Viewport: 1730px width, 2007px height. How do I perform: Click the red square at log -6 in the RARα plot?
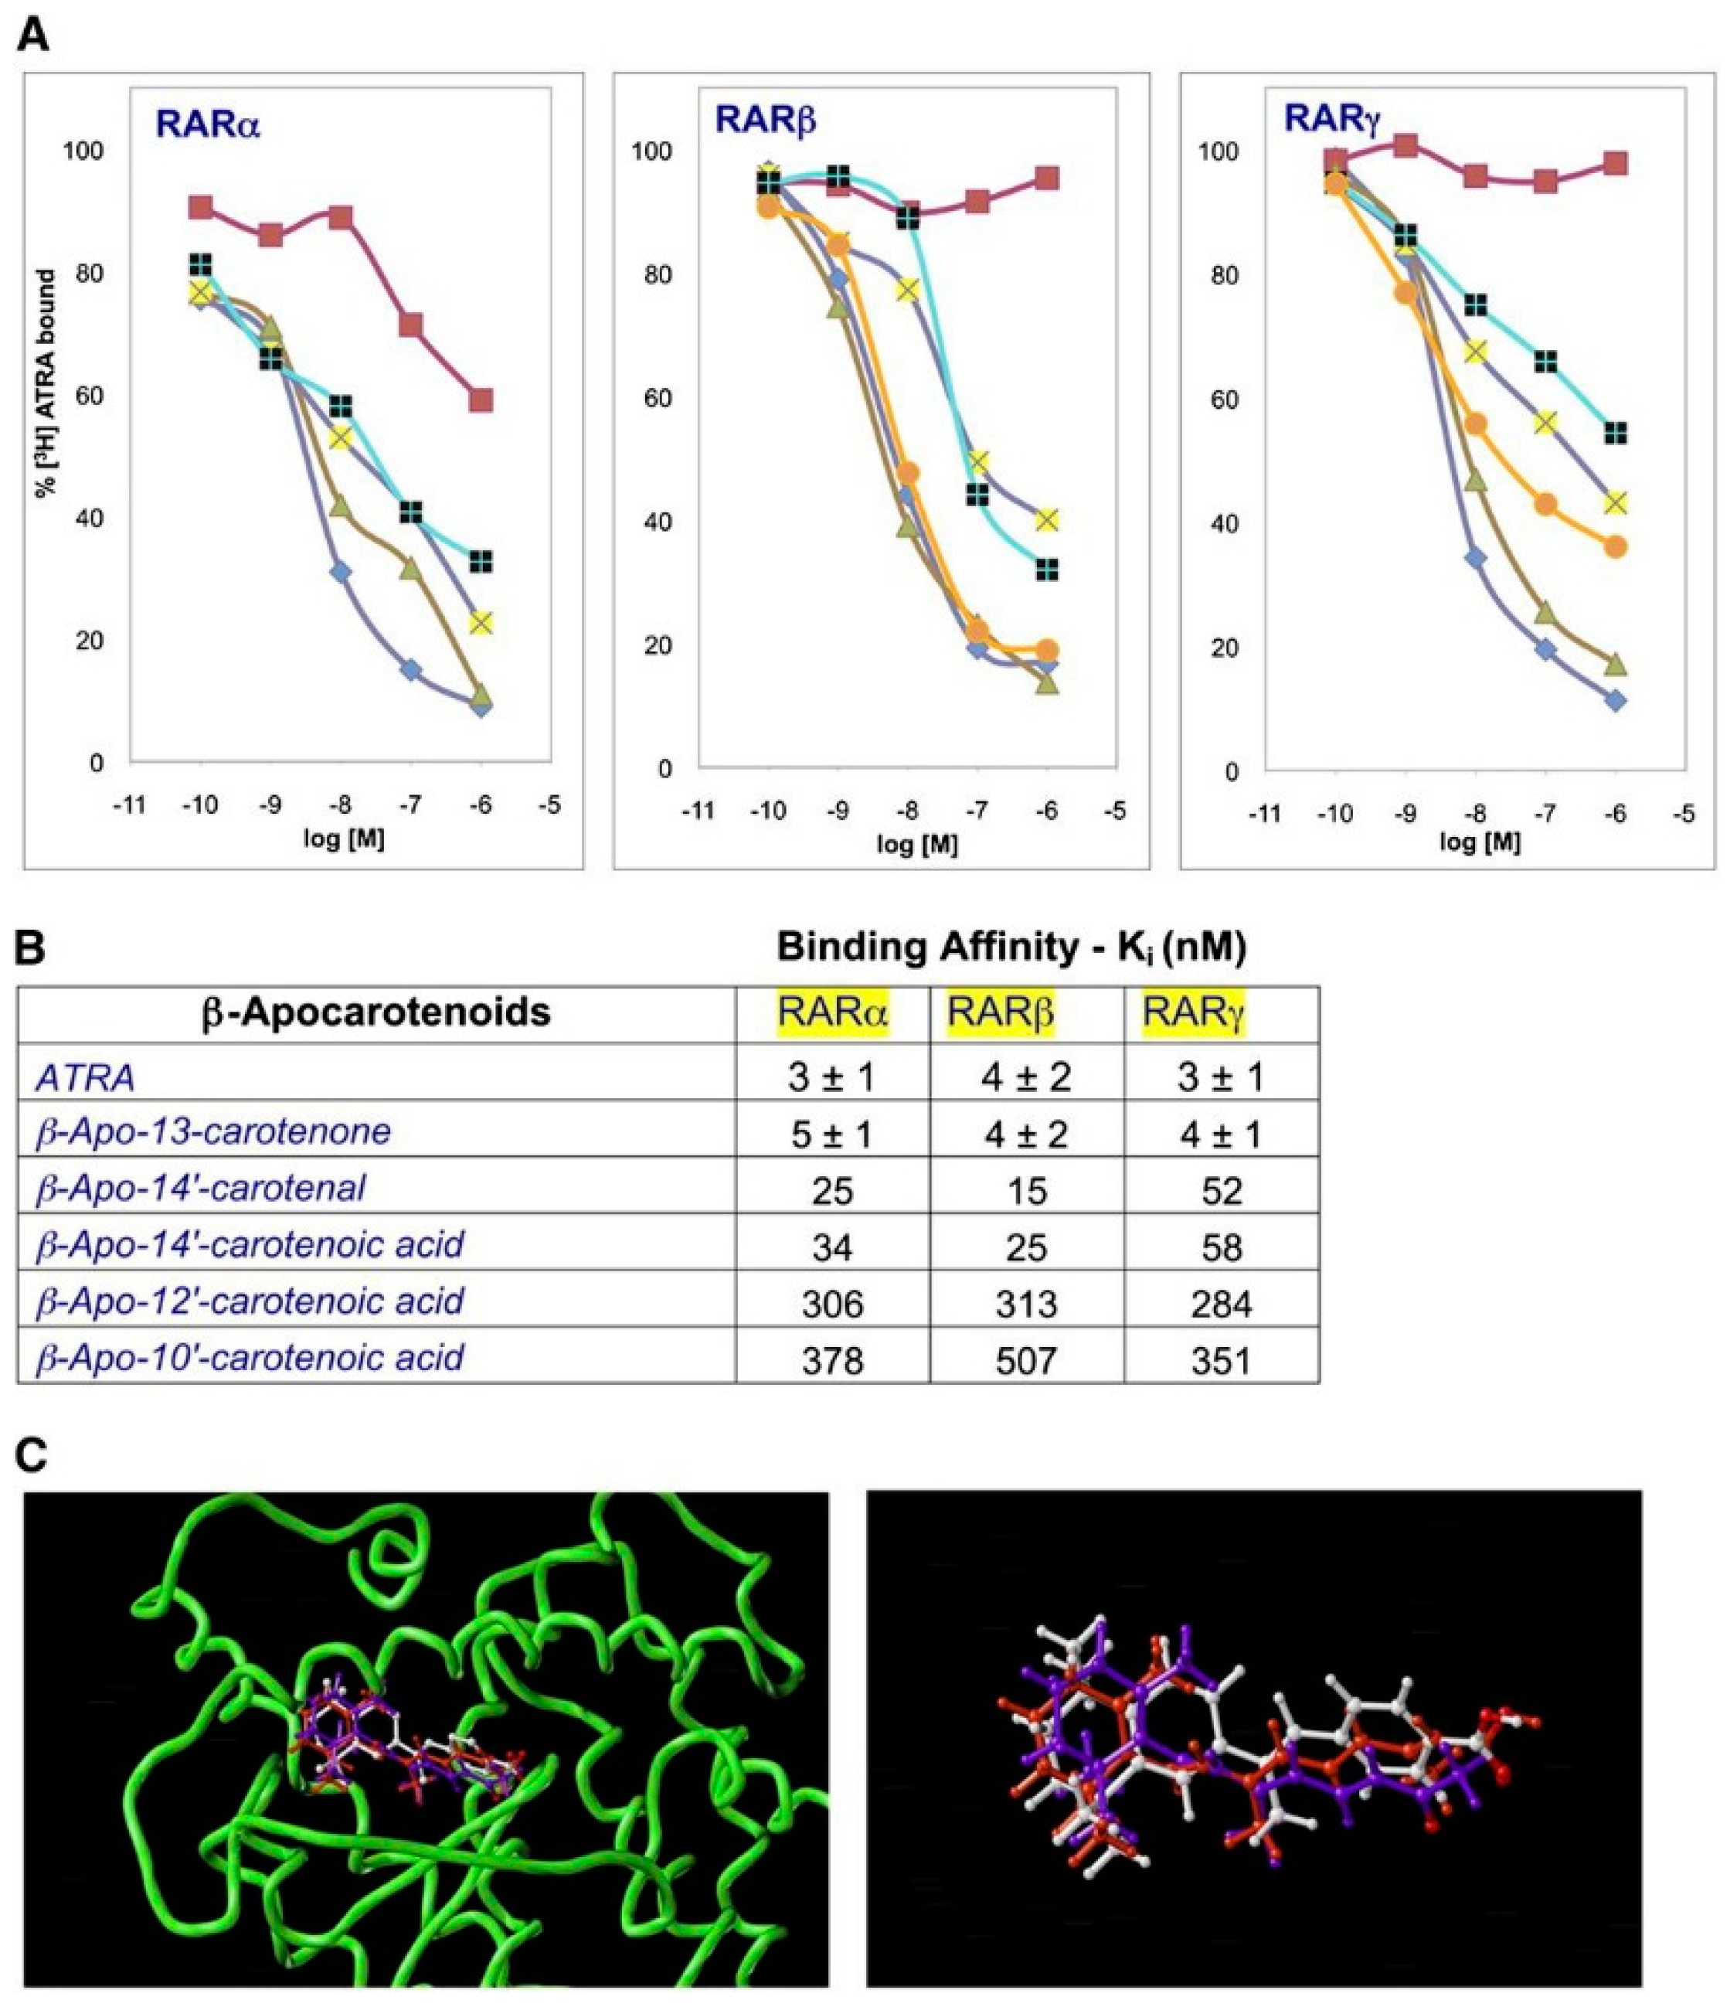click(x=481, y=400)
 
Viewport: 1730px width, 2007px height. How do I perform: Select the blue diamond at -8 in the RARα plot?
click(x=340, y=573)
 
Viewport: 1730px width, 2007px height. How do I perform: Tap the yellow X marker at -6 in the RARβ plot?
click(x=1046, y=520)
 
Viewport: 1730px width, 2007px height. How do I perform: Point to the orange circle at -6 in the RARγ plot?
click(x=1615, y=547)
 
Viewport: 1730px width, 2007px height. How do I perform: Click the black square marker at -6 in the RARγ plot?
click(x=1615, y=433)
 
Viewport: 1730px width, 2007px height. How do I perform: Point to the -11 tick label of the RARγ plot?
click(x=1265, y=815)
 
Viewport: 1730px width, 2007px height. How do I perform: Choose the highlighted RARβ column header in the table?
click(x=1001, y=1013)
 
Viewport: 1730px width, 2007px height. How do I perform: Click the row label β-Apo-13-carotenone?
click(x=213, y=1131)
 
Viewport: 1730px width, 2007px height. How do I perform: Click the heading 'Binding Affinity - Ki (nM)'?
click(x=1011, y=948)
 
